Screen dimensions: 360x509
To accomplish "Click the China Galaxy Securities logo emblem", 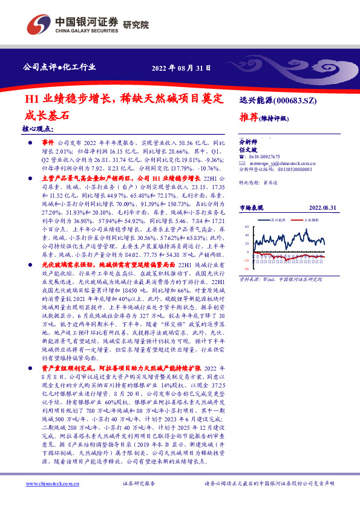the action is (x=34, y=24).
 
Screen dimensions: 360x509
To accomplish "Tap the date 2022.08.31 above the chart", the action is (x=321, y=207).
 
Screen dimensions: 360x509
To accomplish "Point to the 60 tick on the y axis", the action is (x=247, y=227).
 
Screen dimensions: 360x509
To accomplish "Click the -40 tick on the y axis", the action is (x=246, y=270).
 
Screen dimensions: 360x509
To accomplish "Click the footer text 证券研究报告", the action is (x=139, y=484).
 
